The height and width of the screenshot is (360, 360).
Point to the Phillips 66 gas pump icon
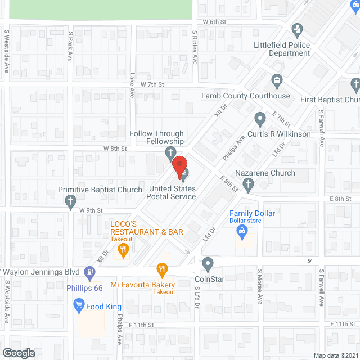click(x=89, y=273)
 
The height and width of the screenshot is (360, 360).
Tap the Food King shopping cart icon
click(x=78, y=306)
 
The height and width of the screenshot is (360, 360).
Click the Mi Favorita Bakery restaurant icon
click(x=163, y=269)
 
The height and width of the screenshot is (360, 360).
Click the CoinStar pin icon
click(x=208, y=263)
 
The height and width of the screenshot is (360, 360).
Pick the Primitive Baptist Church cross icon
click(x=70, y=201)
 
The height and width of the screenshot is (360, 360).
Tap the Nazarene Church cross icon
click(x=248, y=184)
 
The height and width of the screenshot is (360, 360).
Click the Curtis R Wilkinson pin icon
click(x=260, y=119)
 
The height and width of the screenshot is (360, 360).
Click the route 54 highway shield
click(x=310, y=260)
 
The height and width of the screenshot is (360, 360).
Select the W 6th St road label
click(x=214, y=22)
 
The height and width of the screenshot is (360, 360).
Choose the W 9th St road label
click(x=91, y=210)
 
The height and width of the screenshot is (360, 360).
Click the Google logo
click(x=19, y=353)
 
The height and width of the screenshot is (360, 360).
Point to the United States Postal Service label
click(x=171, y=192)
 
